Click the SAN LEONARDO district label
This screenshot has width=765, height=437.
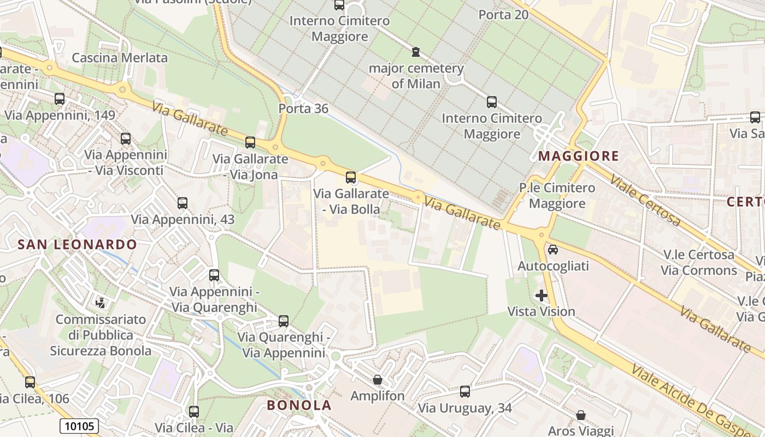pyautogui.click(x=77, y=244)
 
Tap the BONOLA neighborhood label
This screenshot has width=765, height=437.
pyautogui.click(x=299, y=405)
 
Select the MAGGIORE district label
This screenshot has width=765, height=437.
pyautogui.click(x=579, y=156)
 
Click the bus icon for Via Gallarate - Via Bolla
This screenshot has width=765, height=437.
pyautogui.click(x=351, y=178)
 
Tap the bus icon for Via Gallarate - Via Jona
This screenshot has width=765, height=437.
pyautogui.click(x=250, y=143)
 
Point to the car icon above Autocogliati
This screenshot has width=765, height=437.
pyautogui.click(x=553, y=250)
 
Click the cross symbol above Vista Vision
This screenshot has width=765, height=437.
pyautogui.click(x=542, y=296)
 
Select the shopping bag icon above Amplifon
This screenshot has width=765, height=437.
pyautogui.click(x=378, y=379)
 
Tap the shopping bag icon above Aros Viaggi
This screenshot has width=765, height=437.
pyautogui.click(x=581, y=415)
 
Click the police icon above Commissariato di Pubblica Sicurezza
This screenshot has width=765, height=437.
pyautogui.click(x=101, y=302)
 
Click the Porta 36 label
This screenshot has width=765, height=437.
pyautogui.click(x=303, y=109)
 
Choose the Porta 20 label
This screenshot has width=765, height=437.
pyautogui.click(x=503, y=15)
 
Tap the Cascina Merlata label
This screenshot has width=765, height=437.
pyautogui.click(x=120, y=57)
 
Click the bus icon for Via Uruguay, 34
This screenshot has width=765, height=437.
pyautogui.click(x=465, y=392)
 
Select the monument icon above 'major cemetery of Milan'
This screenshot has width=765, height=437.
pyautogui.click(x=416, y=52)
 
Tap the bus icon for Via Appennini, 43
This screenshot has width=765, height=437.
pyautogui.click(x=183, y=203)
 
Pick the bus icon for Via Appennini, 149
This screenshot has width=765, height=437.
pyautogui.click(x=60, y=99)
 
